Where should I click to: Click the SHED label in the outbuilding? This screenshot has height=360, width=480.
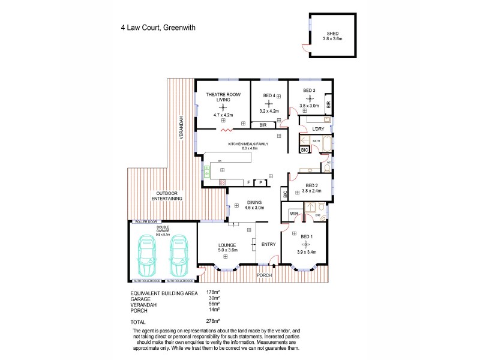point(332,33)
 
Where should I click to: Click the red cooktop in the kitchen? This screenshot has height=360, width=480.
point(222,182)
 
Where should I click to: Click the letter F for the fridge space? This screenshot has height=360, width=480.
point(248,182)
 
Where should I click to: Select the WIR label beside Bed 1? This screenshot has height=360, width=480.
point(294,213)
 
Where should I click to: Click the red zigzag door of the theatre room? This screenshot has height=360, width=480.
point(226,128)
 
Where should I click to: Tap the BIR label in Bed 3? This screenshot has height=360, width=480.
point(328,106)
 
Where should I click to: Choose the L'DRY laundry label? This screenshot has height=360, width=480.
point(318,129)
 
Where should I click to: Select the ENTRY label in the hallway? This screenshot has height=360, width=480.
point(269,244)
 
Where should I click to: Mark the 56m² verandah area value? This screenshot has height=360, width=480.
point(214,304)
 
